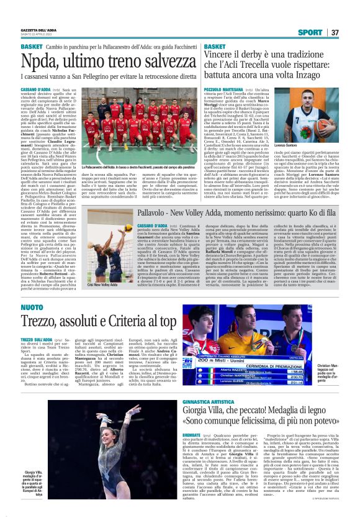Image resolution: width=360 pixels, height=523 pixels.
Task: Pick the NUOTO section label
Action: pyautogui.click(x=32, y=307)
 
